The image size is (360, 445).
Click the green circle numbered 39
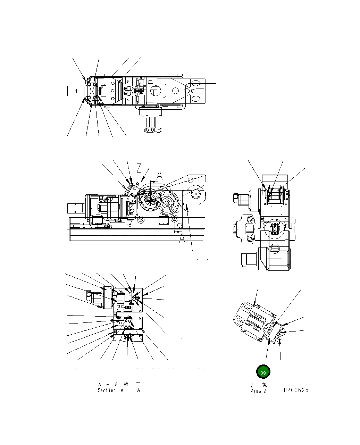tap(263, 371)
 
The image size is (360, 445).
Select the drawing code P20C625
tap(296, 390)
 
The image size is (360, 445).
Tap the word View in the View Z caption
tap(256, 391)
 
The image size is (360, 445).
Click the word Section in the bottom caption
tap(107, 390)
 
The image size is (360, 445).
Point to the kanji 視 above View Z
tap(264, 385)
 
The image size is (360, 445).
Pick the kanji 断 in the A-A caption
tap(126, 384)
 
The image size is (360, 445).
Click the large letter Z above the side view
tap(139, 168)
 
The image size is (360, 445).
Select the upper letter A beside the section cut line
tap(159, 175)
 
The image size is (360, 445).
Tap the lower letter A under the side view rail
tap(182, 238)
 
